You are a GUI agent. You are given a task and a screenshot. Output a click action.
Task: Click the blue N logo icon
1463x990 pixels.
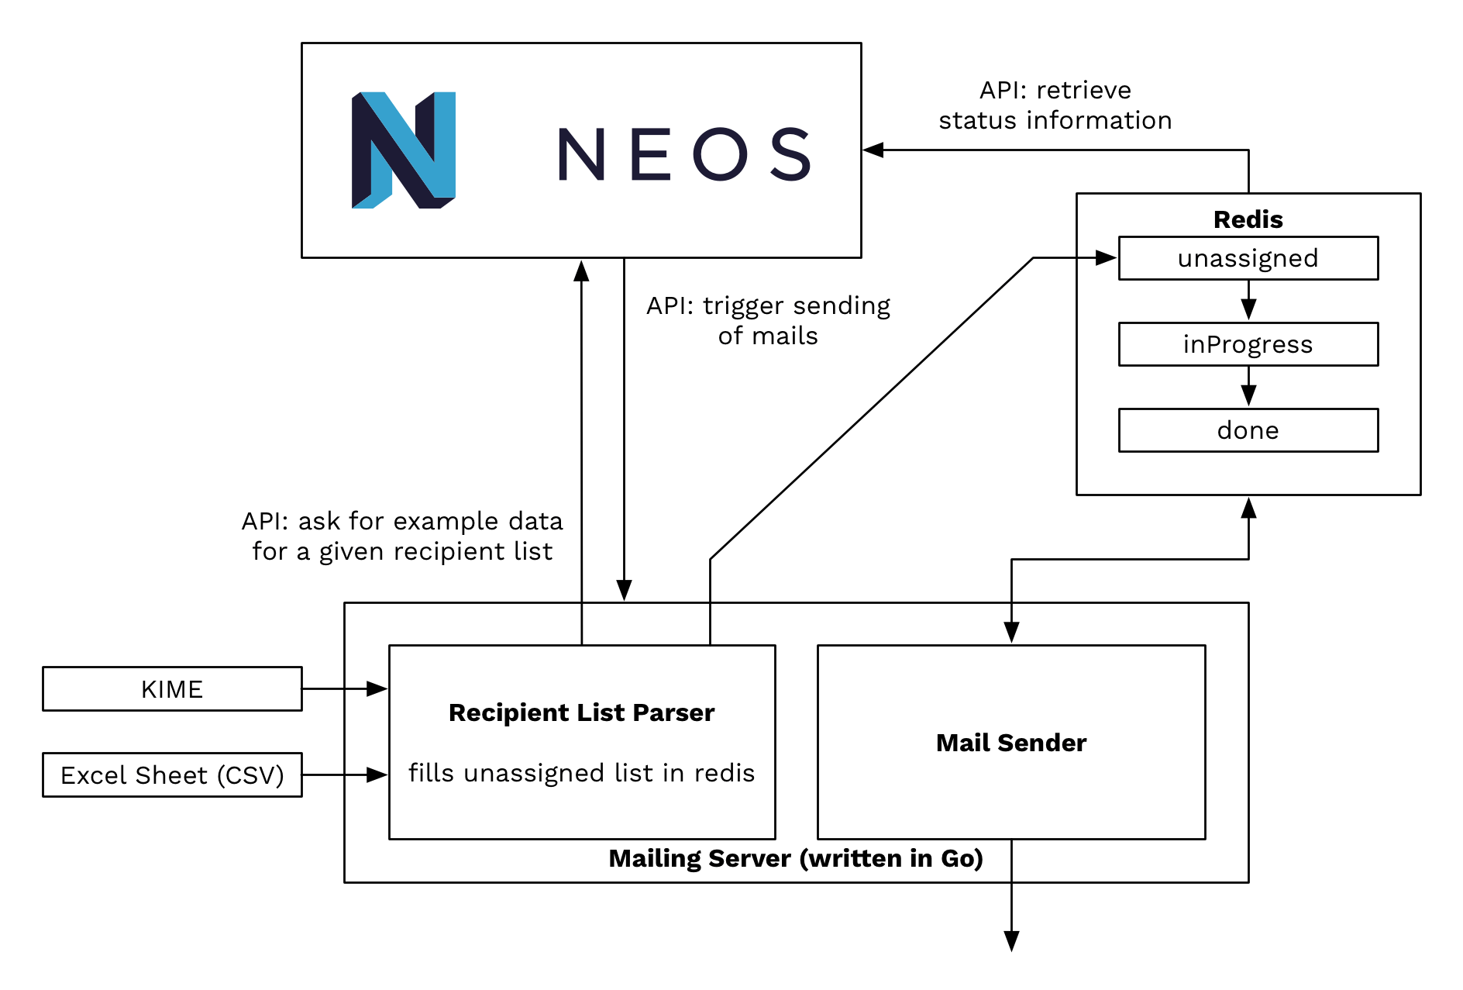(x=403, y=150)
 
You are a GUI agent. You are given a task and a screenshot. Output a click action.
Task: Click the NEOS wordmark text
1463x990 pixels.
(x=683, y=154)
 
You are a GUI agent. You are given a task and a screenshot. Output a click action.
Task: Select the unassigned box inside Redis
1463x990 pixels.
(x=1248, y=258)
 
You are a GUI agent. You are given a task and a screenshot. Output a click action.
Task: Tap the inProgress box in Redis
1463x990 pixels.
(x=1248, y=344)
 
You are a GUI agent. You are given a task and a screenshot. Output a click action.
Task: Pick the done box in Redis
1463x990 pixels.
(x=1248, y=430)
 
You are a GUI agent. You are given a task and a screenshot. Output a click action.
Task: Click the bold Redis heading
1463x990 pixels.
(x=1248, y=219)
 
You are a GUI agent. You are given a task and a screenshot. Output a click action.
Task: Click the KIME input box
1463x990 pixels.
(x=172, y=688)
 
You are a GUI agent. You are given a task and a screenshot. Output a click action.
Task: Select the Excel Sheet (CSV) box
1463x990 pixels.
(x=172, y=774)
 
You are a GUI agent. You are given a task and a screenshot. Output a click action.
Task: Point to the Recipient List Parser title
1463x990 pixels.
(x=581, y=712)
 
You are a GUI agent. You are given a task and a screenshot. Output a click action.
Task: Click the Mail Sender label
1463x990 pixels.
(x=1010, y=743)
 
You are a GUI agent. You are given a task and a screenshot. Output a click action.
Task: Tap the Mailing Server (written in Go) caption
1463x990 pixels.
(x=796, y=858)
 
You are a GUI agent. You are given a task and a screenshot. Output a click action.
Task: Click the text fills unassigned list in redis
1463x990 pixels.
(x=581, y=773)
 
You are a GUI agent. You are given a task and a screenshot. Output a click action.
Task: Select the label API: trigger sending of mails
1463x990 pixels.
(x=768, y=320)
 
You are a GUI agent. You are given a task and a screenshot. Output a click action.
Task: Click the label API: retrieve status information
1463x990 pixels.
(x=1055, y=105)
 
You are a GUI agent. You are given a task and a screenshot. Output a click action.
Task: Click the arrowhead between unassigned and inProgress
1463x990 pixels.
(x=1248, y=309)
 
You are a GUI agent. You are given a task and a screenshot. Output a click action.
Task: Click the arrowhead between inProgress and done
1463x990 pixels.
(x=1248, y=395)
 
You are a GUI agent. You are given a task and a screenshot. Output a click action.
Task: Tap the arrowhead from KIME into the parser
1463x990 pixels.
(x=377, y=688)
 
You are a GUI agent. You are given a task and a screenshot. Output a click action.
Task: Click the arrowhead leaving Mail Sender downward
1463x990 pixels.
(x=1011, y=940)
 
